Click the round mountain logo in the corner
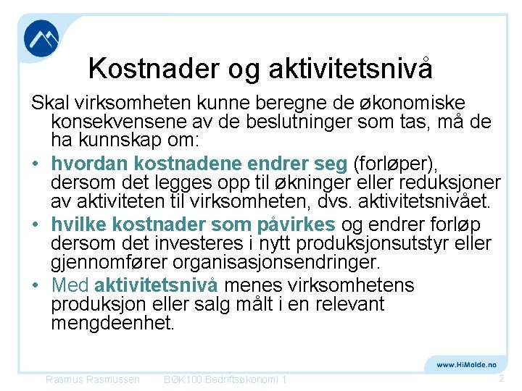tap(41, 40)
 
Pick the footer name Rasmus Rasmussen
tap(93, 379)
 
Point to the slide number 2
tap(501, 379)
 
